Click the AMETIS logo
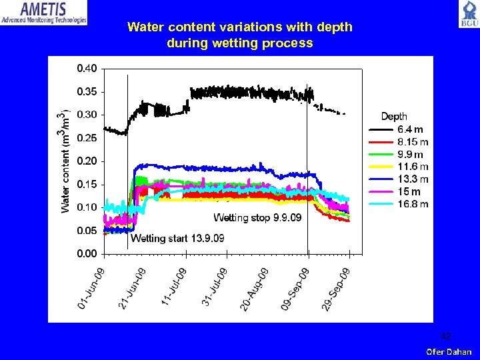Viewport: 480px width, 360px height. pos(44,13)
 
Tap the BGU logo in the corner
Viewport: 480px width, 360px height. pos(467,14)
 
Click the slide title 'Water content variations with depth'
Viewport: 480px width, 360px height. pos(239,27)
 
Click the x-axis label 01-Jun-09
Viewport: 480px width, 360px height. pos(91,288)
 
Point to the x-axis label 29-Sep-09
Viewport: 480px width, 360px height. pos(337,288)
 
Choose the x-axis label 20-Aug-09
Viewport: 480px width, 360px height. pos(255,288)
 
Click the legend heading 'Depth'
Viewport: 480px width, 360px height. pos(394,117)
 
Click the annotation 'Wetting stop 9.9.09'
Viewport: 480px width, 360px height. pos(257,218)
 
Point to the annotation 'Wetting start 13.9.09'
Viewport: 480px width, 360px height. pos(177,239)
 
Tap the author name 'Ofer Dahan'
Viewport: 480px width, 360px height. pos(449,351)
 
